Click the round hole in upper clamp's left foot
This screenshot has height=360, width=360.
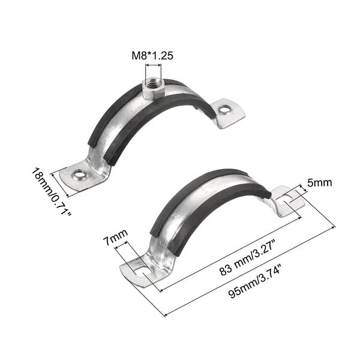tap(79, 175)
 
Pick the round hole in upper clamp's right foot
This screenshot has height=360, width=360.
tap(224, 110)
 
